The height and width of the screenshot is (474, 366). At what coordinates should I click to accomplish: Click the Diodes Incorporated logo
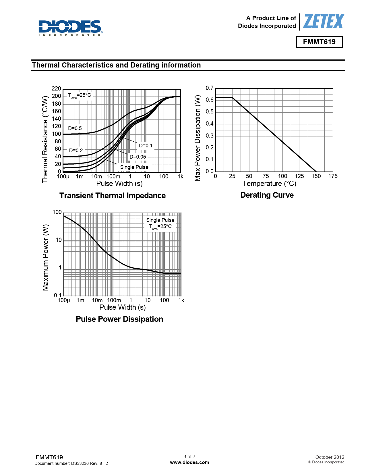pyautogui.click(x=70, y=28)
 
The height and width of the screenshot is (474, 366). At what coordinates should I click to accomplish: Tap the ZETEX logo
pyautogui.click(x=324, y=22)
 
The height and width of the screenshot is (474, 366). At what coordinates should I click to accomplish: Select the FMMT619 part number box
pyautogui.click(x=319, y=42)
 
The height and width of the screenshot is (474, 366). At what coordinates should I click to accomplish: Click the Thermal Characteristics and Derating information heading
pyautogui.click(x=116, y=65)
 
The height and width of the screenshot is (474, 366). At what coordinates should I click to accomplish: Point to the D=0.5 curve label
pyautogui.click(x=75, y=128)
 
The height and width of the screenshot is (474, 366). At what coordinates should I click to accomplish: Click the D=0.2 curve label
pyautogui.click(x=76, y=150)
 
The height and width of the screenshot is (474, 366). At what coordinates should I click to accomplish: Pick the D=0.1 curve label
pyautogui.click(x=146, y=146)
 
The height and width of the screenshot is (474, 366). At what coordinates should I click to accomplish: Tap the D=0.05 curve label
pyautogui.click(x=138, y=157)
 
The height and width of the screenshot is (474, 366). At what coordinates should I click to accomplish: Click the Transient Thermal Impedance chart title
pyautogui.click(x=113, y=196)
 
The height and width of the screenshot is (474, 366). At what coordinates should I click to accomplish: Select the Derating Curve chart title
pyautogui.click(x=267, y=195)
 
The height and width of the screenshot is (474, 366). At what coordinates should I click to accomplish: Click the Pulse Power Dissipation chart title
pyautogui.click(x=119, y=319)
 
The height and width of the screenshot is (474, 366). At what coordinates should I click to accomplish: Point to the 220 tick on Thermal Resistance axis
pyautogui.click(x=56, y=88)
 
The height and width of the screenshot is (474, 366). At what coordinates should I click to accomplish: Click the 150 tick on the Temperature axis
pyautogui.click(x=316, y=176)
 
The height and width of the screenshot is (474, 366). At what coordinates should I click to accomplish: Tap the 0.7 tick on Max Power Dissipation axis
pyautogui.click(x=210, y=88)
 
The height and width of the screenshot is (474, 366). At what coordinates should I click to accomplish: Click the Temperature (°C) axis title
pyautogui.click(x=269, y=184)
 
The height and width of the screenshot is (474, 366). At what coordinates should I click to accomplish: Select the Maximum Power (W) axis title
pyautogui.click(x=46, y=257)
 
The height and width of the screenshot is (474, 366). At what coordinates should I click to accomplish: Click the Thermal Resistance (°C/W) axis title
pyautogui.click(x=45, y=139)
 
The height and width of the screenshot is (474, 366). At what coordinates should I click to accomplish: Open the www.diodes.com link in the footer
pyautogui.click(x=189, y=462)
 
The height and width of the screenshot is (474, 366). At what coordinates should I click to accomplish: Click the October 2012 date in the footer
pyautogui.click(x=330, y=457)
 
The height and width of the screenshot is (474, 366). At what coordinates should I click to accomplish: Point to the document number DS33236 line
pyautogui.click(x=71, y=463)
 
